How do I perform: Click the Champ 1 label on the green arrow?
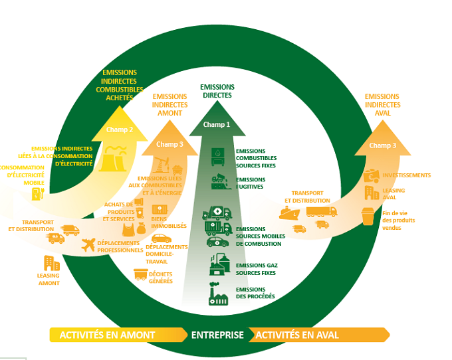217,125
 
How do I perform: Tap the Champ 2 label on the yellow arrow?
120,130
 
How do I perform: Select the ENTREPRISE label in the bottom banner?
217,335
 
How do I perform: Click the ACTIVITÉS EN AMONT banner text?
108,335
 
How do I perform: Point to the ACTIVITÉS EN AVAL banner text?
296,335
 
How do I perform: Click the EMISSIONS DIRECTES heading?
217,91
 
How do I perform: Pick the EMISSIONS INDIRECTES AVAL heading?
383,105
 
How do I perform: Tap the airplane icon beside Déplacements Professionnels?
88,246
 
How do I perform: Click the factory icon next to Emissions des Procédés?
219,294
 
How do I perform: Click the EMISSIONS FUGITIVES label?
251,183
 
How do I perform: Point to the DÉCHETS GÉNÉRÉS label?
161,277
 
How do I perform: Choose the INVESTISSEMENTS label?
406,175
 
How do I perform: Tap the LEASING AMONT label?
49,280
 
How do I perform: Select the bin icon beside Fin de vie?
368,216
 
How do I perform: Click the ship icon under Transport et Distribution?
290,213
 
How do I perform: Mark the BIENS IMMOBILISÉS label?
169,223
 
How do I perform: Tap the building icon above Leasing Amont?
51,262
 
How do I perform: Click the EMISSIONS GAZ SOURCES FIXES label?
257,268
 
